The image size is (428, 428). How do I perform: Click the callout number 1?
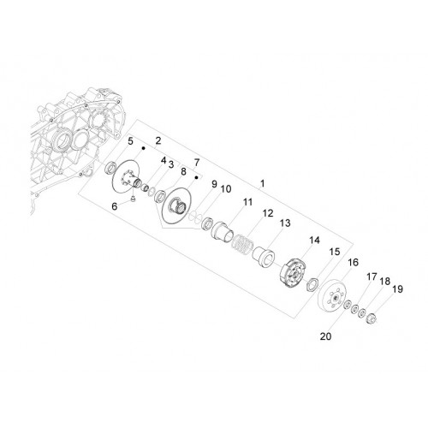(263, 183)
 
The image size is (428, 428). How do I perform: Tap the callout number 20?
(325, 336)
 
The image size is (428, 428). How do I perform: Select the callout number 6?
(115, 206)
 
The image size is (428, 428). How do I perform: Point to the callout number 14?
(314, 241)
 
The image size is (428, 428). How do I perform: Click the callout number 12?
(268, 213)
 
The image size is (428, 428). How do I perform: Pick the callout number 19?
(397, 289)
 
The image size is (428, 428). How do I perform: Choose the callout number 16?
(353, 262)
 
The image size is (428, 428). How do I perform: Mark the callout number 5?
(130, 141)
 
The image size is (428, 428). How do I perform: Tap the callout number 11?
(247, 202)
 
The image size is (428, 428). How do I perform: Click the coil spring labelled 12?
(242, 245)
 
